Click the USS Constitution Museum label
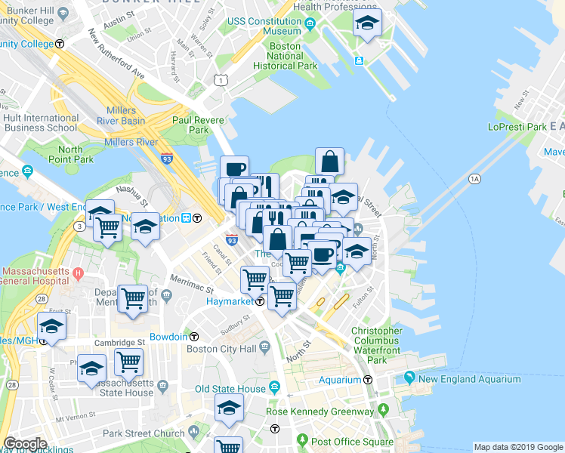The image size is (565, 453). [264, 26]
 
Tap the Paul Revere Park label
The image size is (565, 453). [190, 125]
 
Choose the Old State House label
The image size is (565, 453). [230, 389]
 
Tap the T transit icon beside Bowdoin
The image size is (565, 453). [194, 336]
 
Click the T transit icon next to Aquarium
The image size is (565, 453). [369, 380]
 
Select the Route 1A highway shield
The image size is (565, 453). [474, 179]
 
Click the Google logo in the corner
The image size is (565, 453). [25, 444]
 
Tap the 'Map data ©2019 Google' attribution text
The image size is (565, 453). [517, 447]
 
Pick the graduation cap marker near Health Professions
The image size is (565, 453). [367, 25]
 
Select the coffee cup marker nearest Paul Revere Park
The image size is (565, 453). [234, 168]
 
